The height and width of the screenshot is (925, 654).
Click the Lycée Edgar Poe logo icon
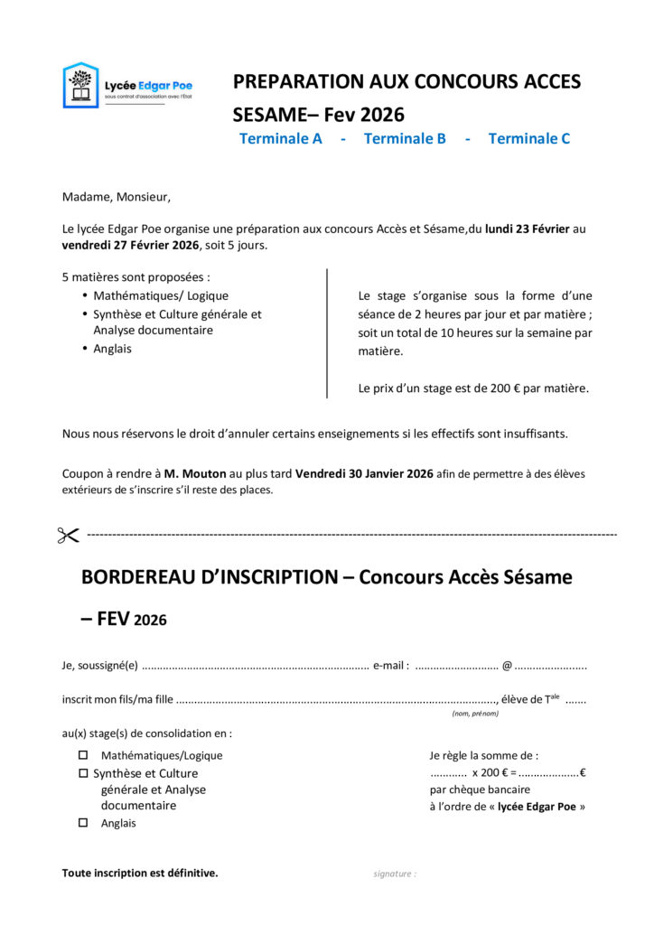point(80,85)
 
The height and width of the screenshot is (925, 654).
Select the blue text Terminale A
point(281,138)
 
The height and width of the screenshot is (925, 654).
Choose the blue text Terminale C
point(529,138)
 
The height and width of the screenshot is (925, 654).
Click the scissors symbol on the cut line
point(69,536)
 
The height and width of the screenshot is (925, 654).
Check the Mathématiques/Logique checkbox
point(84,755)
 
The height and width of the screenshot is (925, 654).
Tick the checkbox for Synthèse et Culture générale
point(84,773)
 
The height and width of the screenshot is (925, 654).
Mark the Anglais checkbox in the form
point(84,823)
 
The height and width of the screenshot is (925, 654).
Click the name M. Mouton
point(195,473)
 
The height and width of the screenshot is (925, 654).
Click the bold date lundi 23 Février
point(528,229)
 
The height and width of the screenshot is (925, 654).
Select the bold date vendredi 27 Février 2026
point(131,245)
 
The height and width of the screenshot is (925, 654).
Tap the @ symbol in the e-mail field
point(507,667)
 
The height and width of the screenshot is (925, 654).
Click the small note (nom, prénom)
point(475,714)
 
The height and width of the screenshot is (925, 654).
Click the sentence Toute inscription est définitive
point(140,873)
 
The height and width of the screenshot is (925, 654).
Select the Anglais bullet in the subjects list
point(112,349)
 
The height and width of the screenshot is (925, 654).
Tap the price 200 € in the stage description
point(505,388)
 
